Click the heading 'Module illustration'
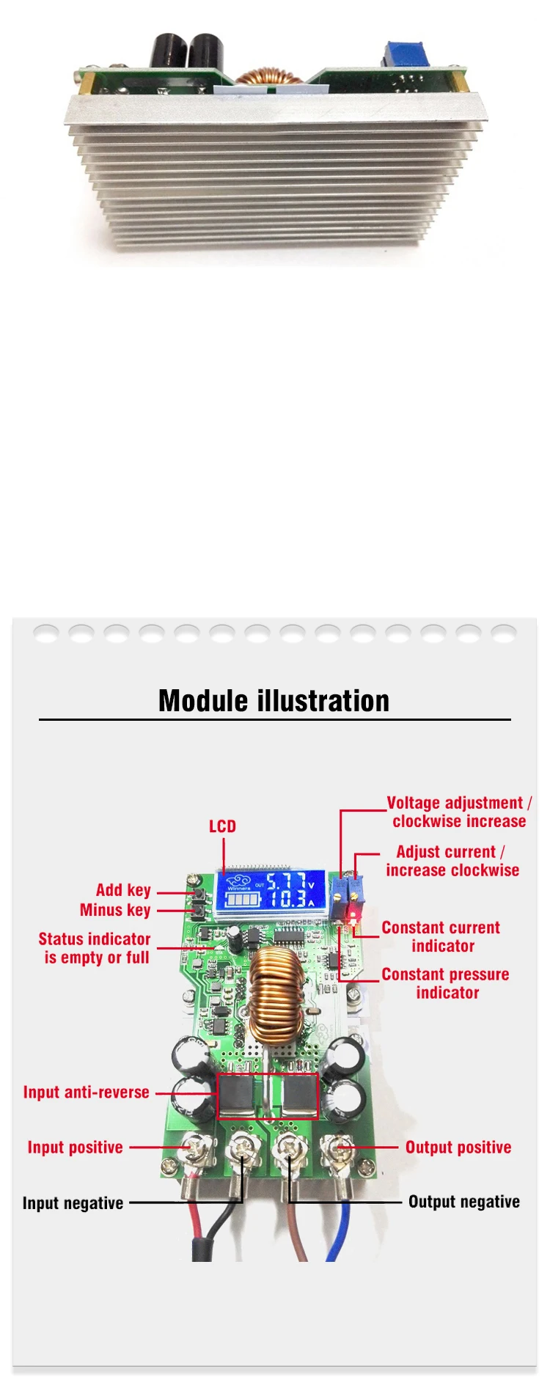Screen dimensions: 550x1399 tap(274, 701)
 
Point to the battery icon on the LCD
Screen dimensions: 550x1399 tap(241, 899)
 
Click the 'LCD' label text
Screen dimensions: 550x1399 tap(222, 826)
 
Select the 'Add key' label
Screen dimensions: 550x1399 tap(123, 890)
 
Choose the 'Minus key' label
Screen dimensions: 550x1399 tap(115, 910)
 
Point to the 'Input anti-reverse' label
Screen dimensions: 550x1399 tap(86, 1092)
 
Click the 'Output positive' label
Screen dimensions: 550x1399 tap(458, 1148)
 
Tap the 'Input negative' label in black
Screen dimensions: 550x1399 tap(73, 1203)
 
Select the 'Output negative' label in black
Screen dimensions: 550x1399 tap(463, 1202)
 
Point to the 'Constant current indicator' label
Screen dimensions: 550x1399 tap(441, 937)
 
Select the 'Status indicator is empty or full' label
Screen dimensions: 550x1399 tap(95, 948)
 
